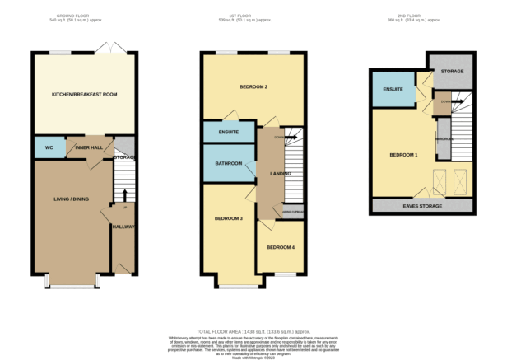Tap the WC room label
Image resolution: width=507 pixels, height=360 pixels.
49,148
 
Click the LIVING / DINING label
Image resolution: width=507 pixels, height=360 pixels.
71,199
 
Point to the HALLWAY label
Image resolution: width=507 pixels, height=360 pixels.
123,226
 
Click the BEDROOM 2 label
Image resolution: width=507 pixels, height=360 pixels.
254,86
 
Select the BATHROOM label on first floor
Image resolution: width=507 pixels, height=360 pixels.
229,163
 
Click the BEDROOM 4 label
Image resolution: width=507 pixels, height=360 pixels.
281,247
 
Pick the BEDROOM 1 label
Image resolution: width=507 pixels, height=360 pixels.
403,155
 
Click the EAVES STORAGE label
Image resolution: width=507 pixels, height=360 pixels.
422,205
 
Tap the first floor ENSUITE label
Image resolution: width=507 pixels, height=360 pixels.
228,132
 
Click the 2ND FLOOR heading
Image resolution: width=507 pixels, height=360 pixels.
421,16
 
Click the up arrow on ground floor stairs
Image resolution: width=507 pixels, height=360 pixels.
124,194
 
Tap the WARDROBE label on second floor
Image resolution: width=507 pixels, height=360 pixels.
444,138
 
